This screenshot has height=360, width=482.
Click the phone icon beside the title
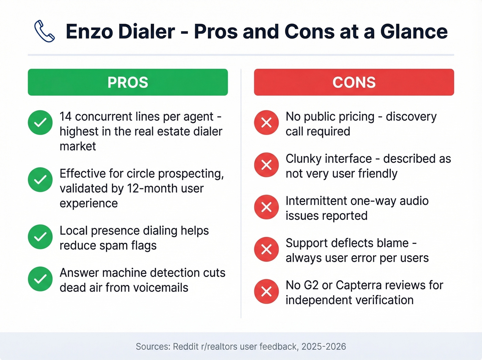(x=44, y=31)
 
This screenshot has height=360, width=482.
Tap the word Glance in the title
(x=414, y=32)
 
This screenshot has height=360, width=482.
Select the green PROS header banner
(x=128, y=82)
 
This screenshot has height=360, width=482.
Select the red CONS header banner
(x=354, y=82)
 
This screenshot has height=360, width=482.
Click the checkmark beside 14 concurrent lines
(x=40, y=123)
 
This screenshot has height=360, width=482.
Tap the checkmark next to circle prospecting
(x=40, y=179)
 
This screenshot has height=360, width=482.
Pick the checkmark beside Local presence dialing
(x=40, y=237)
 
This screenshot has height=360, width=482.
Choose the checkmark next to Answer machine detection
(x=40, y=279)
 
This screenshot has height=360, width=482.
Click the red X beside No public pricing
(x=266, y=123)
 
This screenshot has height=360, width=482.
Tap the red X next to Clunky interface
(x=266, y=165)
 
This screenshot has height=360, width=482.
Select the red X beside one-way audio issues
(x=266, y=207)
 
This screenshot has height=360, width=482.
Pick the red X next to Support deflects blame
(x=266, y=249)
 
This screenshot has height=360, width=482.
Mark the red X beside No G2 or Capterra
(x=266, y=291)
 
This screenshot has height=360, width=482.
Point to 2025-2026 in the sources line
(x=324, y=347)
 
